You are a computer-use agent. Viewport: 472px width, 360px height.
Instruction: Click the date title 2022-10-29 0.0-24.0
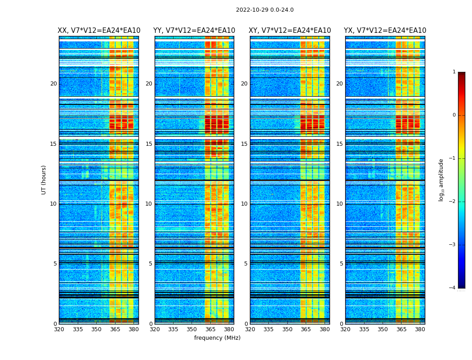tap(264, 10)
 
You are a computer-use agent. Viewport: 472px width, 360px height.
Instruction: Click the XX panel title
tap(98, 31)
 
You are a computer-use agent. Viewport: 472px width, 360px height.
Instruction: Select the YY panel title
tap(194, 31)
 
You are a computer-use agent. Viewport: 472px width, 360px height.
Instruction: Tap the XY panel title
tap(289, 31)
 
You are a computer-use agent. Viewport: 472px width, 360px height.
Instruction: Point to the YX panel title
tap(385, 31)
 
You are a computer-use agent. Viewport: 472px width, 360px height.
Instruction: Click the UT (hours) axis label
tap(44, 180)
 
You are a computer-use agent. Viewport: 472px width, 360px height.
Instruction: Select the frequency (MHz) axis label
tap(217, 338)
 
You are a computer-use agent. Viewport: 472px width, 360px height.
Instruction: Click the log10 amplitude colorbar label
tap(441, 180)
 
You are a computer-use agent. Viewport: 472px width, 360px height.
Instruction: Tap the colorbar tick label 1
tap(454, 72)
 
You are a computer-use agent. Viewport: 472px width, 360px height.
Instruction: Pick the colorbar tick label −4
tap(453, 288)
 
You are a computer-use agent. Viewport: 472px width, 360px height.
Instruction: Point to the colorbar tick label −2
tap(453, 202)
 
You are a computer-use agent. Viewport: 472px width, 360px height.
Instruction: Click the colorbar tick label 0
tap(454, 115)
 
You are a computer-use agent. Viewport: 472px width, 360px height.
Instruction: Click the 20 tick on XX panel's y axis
tap(53, 84)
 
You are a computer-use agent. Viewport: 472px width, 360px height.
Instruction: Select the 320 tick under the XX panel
tap(59, 329)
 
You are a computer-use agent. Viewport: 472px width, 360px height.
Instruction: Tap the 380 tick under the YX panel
tap(420, 329)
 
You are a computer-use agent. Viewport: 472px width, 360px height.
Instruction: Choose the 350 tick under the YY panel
tap(192, 329)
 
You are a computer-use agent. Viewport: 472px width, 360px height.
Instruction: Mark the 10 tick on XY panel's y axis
tap(244, 204)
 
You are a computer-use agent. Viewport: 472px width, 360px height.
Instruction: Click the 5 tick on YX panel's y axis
tap(341, 264)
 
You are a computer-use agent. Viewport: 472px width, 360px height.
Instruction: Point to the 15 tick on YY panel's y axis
tap(149, 144)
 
